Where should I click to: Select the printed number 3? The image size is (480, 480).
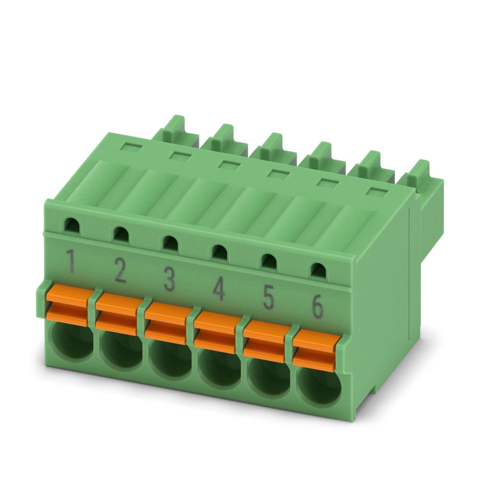point(169,279)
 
